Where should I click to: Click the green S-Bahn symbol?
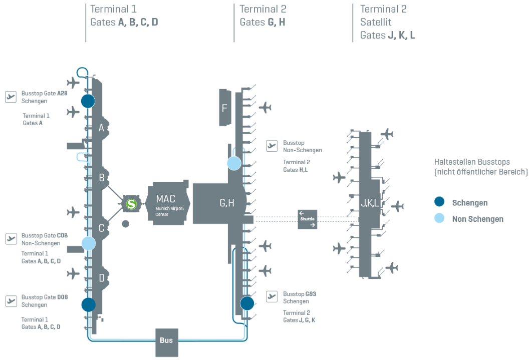(x=131, y=204)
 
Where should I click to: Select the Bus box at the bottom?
(x=166, y=340)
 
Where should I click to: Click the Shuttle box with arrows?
(x=308, y=219)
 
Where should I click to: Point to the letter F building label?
(x=224, y=108)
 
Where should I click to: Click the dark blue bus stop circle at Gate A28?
(x=88, y=101)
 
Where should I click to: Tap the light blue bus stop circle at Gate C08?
(x=89, y=243)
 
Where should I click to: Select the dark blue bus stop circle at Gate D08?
(x=89, y=304)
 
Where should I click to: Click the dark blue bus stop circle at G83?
(x=247, y=303)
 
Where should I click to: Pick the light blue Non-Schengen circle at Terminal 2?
(x=234, y=163)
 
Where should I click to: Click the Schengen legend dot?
(x=439, y=202)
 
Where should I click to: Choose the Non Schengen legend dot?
(x=439, y=219)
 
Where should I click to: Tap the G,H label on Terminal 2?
(x=226, y=203)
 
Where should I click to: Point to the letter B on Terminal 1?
(x=101, y=177)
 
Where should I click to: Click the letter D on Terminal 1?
(x=101, y=278)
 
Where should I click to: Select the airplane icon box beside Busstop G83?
(x=272, y=296)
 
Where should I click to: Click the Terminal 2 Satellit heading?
(x=383, y=22)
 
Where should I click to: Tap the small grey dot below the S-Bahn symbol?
(x=126, y=224)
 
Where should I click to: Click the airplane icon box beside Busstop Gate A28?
(x=11, y=97)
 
